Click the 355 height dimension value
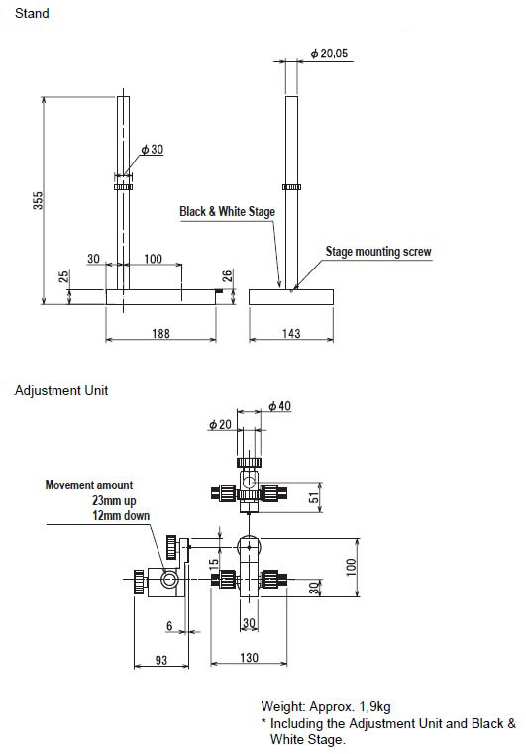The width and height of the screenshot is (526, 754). [x=38, y=200]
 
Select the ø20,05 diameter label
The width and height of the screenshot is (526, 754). [x=329, y=54]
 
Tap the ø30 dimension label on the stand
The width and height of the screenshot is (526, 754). [x=153, y=149]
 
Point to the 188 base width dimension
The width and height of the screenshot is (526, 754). [x=160, y=333]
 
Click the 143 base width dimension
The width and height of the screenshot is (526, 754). [x=291, y=333]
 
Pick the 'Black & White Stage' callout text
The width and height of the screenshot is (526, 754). [x=228, y=212]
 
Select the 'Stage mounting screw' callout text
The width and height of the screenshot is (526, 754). [x=378, y=251]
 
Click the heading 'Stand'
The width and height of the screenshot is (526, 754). [x=32, y=13]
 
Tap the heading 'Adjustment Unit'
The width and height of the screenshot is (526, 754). [x=61, y=390]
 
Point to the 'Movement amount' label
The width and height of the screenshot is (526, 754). [x=89, y=485]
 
